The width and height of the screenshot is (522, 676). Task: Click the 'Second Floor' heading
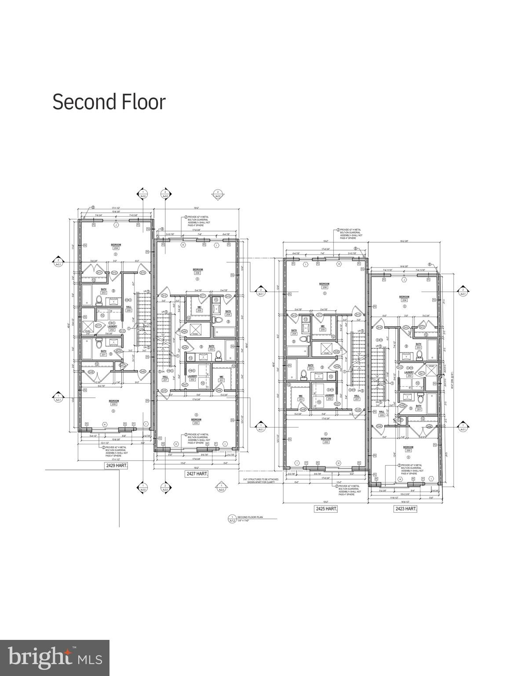(109, 102)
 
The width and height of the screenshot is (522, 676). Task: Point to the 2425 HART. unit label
(326, 509)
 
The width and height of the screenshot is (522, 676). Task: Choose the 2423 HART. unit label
(405, 509)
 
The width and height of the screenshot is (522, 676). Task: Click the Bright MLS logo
(55, 658)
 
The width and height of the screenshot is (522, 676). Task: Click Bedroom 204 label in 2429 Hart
(116, 246)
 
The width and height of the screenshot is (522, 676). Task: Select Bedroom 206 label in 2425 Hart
(324, 285)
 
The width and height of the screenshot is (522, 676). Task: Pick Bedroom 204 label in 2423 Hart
(404, 299)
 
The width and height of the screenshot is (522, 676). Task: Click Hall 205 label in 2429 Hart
(129, 308)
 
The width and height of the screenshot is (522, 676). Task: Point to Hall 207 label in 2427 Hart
(165, 378)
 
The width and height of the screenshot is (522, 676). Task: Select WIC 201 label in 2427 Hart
(221, 378)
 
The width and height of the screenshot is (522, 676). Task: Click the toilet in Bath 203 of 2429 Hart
(99, 301)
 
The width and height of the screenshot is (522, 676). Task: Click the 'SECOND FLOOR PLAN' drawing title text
(250, 517)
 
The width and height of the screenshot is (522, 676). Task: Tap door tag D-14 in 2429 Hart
(142, 273)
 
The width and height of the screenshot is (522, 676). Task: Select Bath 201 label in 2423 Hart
(418, 408)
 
